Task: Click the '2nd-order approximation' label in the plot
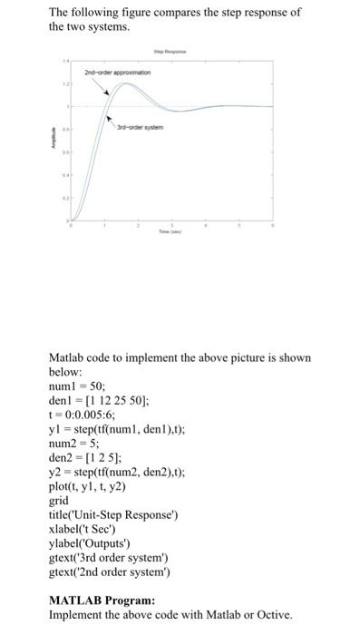116,71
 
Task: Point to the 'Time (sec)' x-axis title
170,232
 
